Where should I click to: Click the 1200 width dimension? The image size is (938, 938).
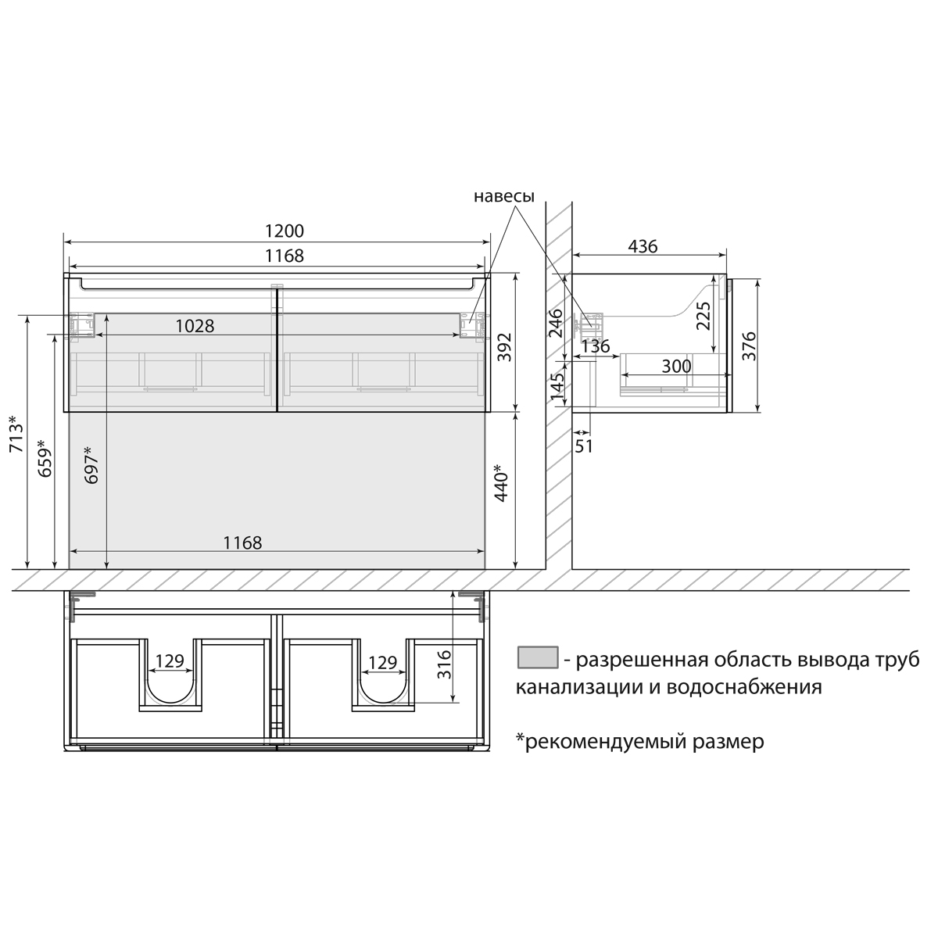coord(285,231)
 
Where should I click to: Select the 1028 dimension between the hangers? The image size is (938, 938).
coord(195,326)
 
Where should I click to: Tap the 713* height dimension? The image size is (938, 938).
coord(16,434)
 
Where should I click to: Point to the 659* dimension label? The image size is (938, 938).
coord(45,458)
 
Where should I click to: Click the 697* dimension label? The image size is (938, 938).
coord(91,465)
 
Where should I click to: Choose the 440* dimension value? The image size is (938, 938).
coord(501,482)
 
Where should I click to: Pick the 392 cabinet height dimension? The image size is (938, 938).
coord(506,346)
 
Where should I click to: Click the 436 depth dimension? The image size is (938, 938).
coord(643,246)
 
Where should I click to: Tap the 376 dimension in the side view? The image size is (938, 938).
coord(750,345)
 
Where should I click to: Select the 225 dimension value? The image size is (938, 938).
coord(703,316)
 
